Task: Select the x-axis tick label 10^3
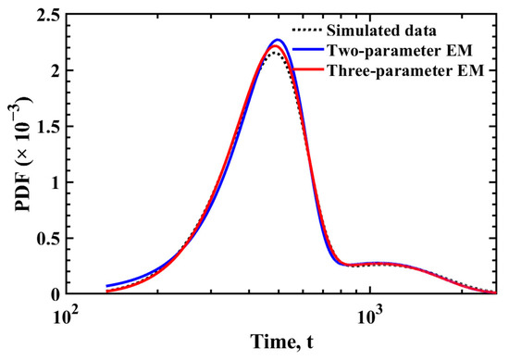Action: (x=370, y=314)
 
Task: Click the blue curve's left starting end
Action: (x=106, y=286)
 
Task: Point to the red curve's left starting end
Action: (x=106, y=291)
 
